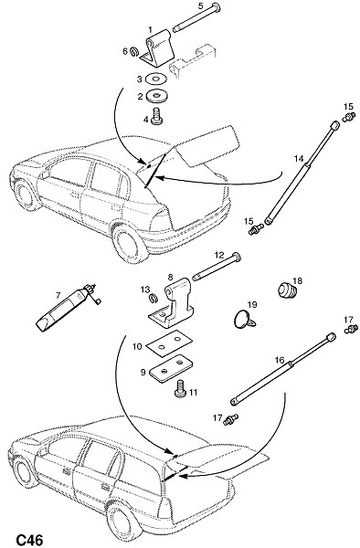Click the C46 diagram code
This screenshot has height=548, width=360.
click(x=30, y=540)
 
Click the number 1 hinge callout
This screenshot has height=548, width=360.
click(x=151, y=29)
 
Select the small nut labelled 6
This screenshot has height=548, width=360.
click(x=133, y=52)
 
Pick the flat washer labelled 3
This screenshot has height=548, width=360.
click(x=154, y=79)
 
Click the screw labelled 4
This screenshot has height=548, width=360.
click(x=157, y=117)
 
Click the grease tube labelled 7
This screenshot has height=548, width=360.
click(x=66, y=307)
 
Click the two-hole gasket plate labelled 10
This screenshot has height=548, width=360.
click(x=169, y=343)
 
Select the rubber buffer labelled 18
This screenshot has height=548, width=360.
click(x=287, y=290)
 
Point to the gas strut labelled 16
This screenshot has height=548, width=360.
click(x=283, y=369)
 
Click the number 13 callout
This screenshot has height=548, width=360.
click(x=145, y=290)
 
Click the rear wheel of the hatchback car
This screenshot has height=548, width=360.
click(x=131, y=243)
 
